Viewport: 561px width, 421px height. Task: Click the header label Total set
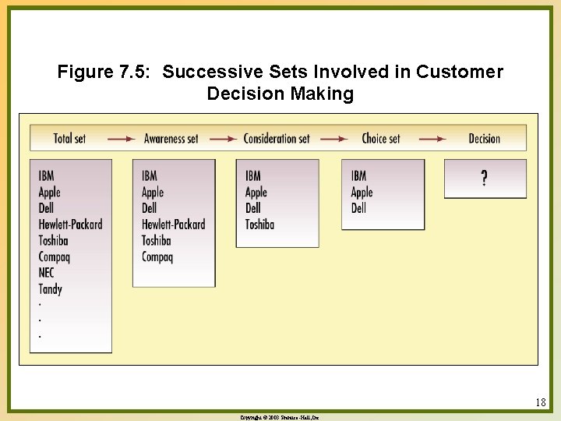[69, 139]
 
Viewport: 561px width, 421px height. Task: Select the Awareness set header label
[171, 139]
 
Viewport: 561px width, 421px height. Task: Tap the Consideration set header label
[277, 139]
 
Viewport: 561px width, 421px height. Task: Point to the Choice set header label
[381, 139]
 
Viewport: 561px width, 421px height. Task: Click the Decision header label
[484, 139]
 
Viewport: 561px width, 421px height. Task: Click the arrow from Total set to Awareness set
[121, 139]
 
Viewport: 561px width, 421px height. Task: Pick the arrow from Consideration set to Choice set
[334, 139]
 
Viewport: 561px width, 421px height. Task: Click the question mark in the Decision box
[485, 179]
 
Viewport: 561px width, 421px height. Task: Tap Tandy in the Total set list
[50, 289]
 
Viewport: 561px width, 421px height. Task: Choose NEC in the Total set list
[47, 273]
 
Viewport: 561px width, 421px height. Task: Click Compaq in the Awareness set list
[157, 256]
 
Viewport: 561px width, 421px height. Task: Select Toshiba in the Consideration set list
[259, 224]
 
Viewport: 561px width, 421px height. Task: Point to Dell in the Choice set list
[358, 208]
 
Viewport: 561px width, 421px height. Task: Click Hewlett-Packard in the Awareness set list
[173, 224]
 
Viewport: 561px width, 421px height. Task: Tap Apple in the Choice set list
[362, 192]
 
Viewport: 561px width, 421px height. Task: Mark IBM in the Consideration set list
[252, 175]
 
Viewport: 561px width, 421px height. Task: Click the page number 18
[541, 403]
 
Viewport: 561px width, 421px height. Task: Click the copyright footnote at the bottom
[280, 418]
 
